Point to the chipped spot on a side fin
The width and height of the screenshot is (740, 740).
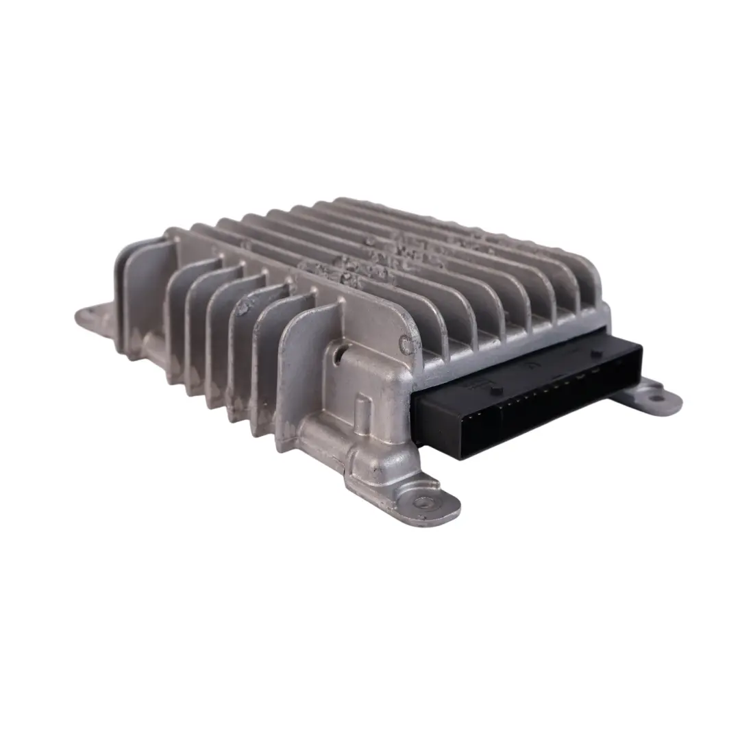click(x=244, y=309)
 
